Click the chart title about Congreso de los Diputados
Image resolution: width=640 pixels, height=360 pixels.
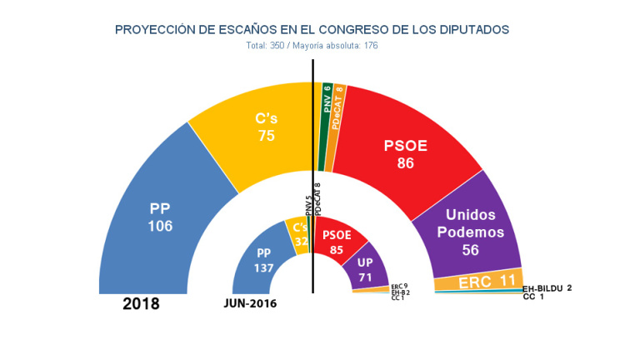coord(312,30)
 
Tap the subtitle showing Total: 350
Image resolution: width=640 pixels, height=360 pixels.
coord(312,46)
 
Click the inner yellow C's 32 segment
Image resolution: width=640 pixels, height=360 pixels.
coord(297,234)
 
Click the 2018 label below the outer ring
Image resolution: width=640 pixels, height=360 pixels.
coord(141,304)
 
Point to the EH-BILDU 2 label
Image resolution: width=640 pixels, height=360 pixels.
coord(547,288)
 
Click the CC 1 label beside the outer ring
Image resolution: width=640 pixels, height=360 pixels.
coord(533,297)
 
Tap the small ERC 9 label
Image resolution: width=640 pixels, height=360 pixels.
coord(399,286)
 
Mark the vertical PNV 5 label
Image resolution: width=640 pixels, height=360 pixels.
coord(308,204)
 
